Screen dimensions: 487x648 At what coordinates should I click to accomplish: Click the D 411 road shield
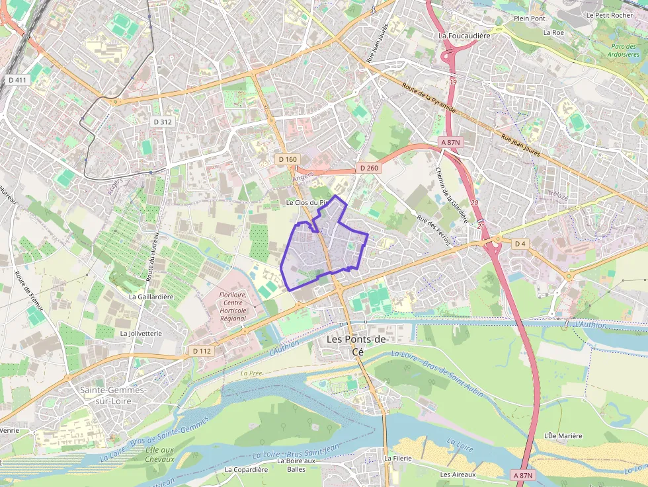click(18, 80)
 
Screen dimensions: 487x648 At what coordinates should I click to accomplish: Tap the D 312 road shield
click(162, 122)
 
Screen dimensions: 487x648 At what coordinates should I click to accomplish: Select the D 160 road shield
click(288, 159)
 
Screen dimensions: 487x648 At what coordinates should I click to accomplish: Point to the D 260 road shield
click(369, 168)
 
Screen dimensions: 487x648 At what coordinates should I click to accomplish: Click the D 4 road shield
click(520, 244)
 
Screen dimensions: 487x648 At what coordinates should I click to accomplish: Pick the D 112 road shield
click(201, 351)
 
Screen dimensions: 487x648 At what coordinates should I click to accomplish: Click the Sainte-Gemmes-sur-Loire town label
click(112, 395)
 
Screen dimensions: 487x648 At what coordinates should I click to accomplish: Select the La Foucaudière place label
click(464, 36)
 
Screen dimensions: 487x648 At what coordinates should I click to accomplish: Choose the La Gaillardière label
click(151, 297)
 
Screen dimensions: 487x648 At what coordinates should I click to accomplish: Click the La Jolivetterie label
click(141, 334)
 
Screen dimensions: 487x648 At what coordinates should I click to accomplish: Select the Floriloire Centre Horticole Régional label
click(232, 307)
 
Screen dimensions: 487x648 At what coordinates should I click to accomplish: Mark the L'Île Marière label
click(563, 435)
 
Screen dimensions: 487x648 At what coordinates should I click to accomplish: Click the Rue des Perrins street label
click(433, 231)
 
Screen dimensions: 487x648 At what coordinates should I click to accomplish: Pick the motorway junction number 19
click(453, 82)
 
